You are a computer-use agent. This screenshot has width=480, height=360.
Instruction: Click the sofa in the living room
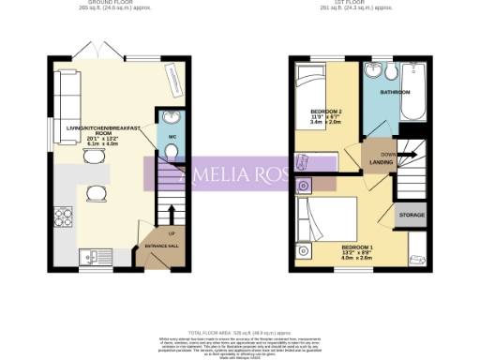(x=65, y=97)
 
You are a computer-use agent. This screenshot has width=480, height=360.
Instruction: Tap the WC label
(x=172, y=138)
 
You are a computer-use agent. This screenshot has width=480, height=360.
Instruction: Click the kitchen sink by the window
(x=93, y=254)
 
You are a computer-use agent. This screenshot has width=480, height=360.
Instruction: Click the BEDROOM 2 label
(x=326, y=112)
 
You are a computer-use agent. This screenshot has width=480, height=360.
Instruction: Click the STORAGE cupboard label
(x=411, y=214)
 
